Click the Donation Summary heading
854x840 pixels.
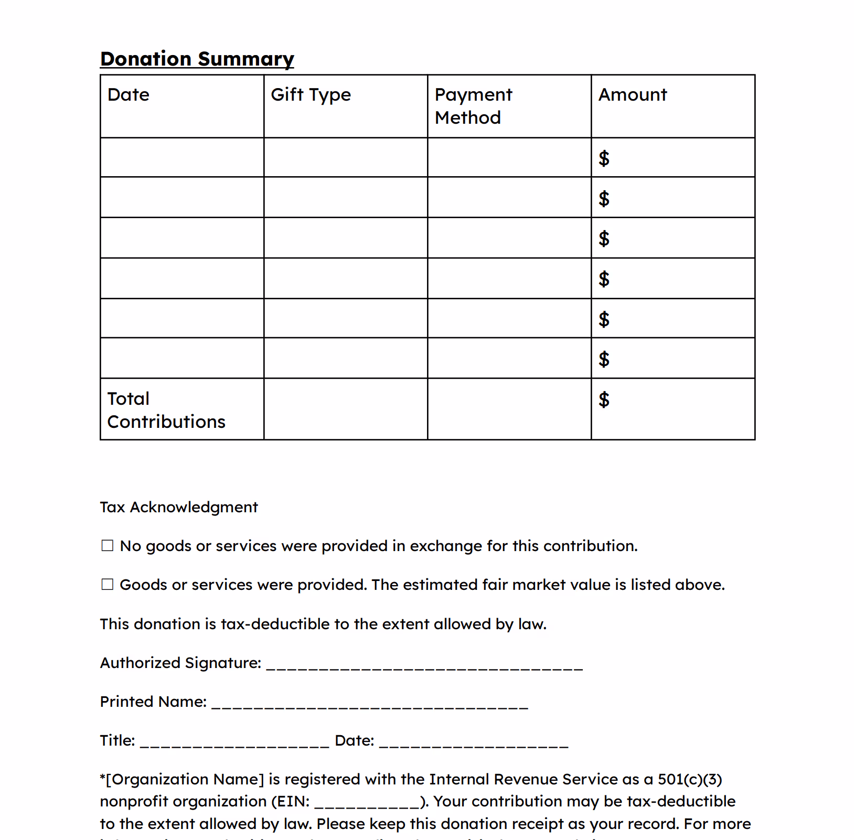[197, 59]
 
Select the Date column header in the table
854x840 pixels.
[129, 95]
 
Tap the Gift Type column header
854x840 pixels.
[311, 95]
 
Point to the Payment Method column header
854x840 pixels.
[473, 106]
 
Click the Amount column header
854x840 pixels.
[633, 95]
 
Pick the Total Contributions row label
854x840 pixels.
[166, 410]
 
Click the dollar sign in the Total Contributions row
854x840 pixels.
[604, 400]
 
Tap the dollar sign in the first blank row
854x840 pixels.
[604, 158]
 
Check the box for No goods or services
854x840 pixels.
[108, 546]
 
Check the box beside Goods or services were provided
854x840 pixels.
[108, 585]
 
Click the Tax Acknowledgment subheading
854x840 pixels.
[179, 507]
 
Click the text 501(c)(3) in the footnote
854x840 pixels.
[690, 779]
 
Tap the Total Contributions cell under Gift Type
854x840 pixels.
[346, 409]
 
